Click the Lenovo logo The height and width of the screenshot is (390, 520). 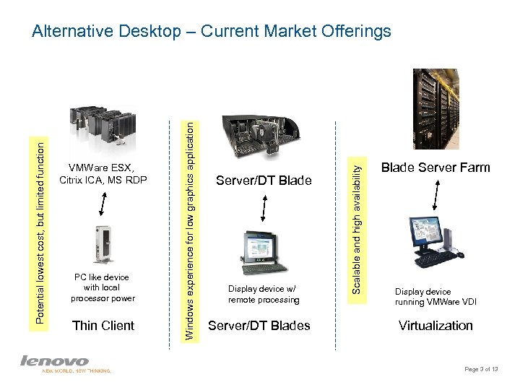pyautogui.click(x=55, y=360)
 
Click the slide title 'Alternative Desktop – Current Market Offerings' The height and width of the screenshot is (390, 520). pyautogui.click(x=212, y=31)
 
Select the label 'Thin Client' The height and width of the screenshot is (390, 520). pyautogui.click(x=103, y=326)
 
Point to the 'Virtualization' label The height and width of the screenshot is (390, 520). pyautogui.click(x=435, y=326)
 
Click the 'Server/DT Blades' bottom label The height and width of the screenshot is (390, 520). pyautogui.click(x=259, y=326)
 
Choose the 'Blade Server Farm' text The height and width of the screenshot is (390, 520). pyautogui.click(x=435, y=168)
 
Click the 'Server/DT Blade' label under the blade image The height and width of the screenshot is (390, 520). pyautogui.click(x=264, y=181)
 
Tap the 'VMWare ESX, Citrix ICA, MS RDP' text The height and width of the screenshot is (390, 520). pyautogui.click(x=103, y=174)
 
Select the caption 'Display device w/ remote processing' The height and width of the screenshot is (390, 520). pyautogui.click(x=264, y=294)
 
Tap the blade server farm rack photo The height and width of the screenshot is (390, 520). pyautogui.click(x=435, y=108)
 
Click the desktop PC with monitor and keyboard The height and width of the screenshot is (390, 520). pyautogui.click(x=436, y=240)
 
